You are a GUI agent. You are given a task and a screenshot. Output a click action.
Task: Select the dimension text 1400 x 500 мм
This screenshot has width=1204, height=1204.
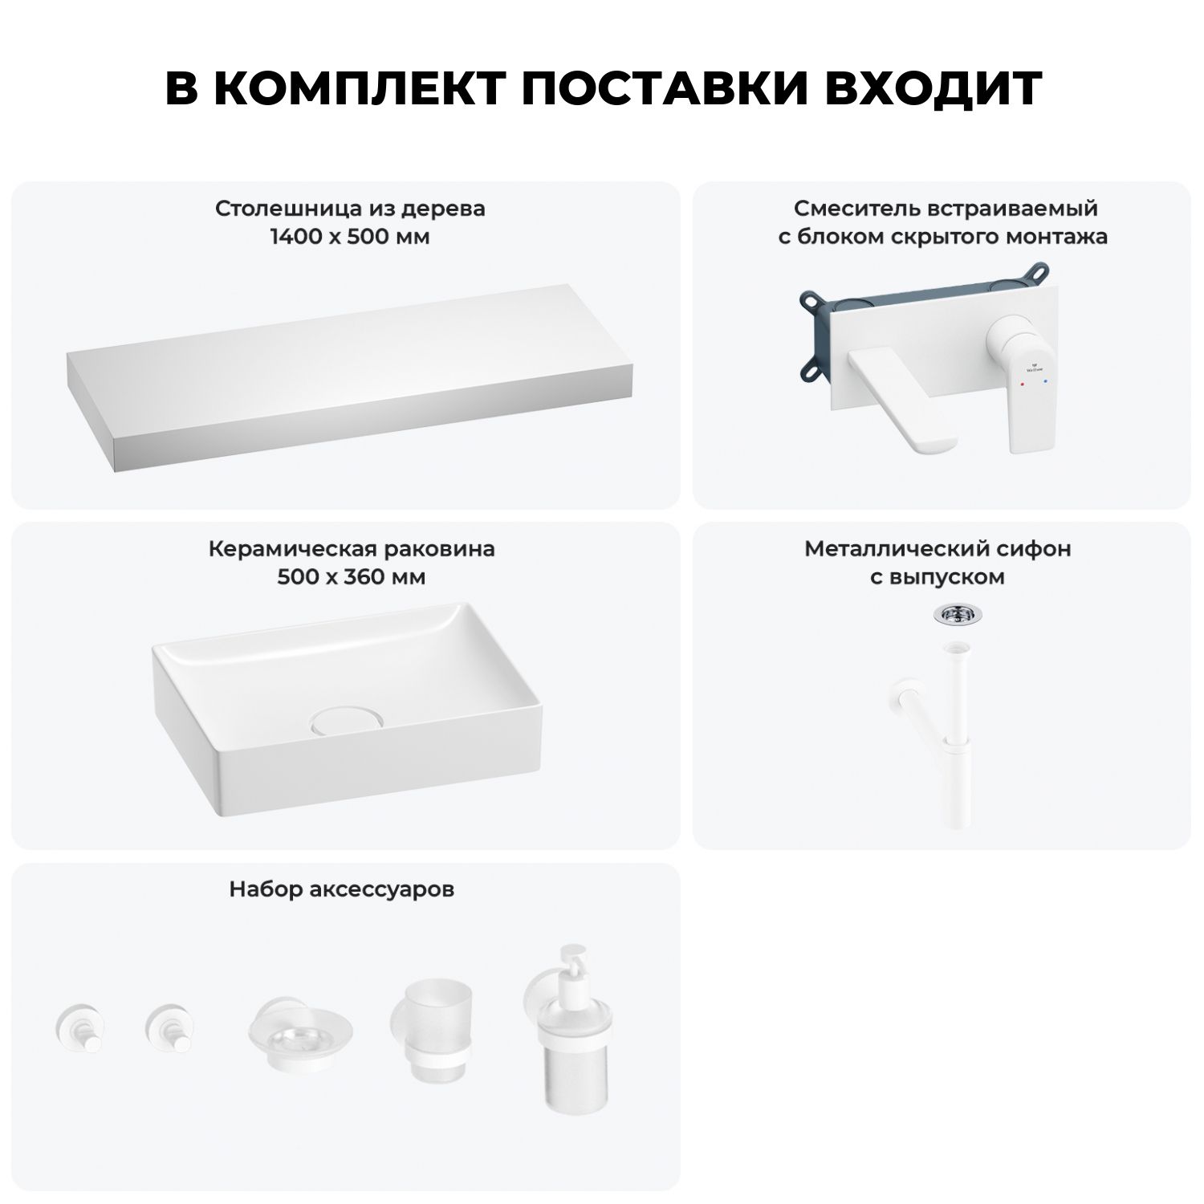[350, 237]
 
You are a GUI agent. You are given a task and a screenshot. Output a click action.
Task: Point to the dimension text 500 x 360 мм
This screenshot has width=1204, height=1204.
[352, 577]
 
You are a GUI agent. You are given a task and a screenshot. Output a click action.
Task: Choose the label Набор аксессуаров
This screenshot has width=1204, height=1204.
[342, 889]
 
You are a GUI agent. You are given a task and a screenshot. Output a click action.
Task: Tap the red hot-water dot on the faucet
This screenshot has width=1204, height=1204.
[1020, 386]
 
